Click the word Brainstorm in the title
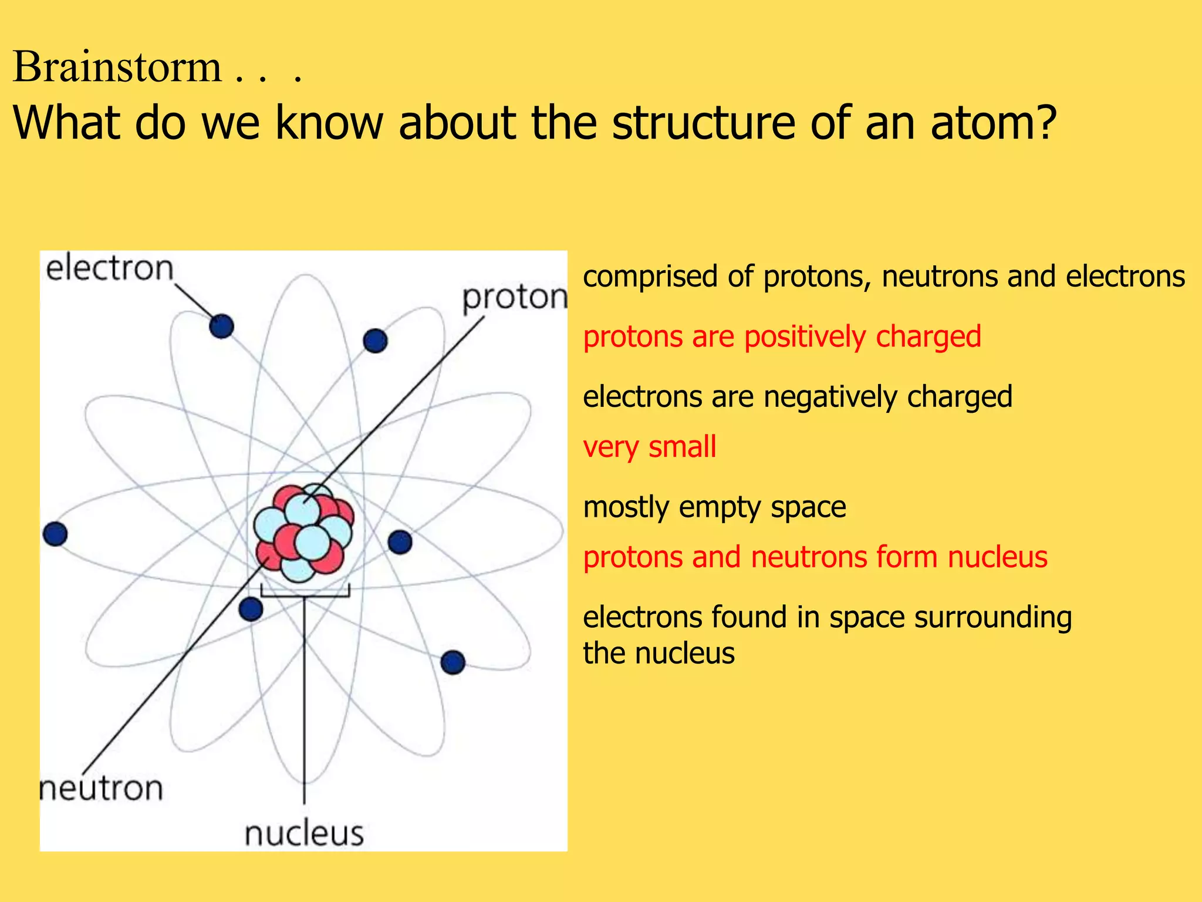pyautogui.click(x=117, y=67)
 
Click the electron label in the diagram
pyautogui.click(x=110, y=268)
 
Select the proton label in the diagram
pyautogui.click(x=515, y=298)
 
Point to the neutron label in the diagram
pyautogui.click(x=101, y=788)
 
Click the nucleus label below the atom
pyautogui.click(x=304, y=833)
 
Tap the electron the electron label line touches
pyautogui.click(x=221, y=326)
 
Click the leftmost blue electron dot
pyautogui.click(x=55, y=534)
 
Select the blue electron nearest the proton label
pyautogui.click(x=375, y=341)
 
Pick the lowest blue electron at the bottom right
pyautogui.click(x=453, y=662)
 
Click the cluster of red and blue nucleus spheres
pyautogui.click(x=303, y=531)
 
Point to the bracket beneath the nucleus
pyautogui.click(x=305, y=593)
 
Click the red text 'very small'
pyautogui.click(x=649, y=447)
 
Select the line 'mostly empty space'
pyautogui.click(x=714, y=507)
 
